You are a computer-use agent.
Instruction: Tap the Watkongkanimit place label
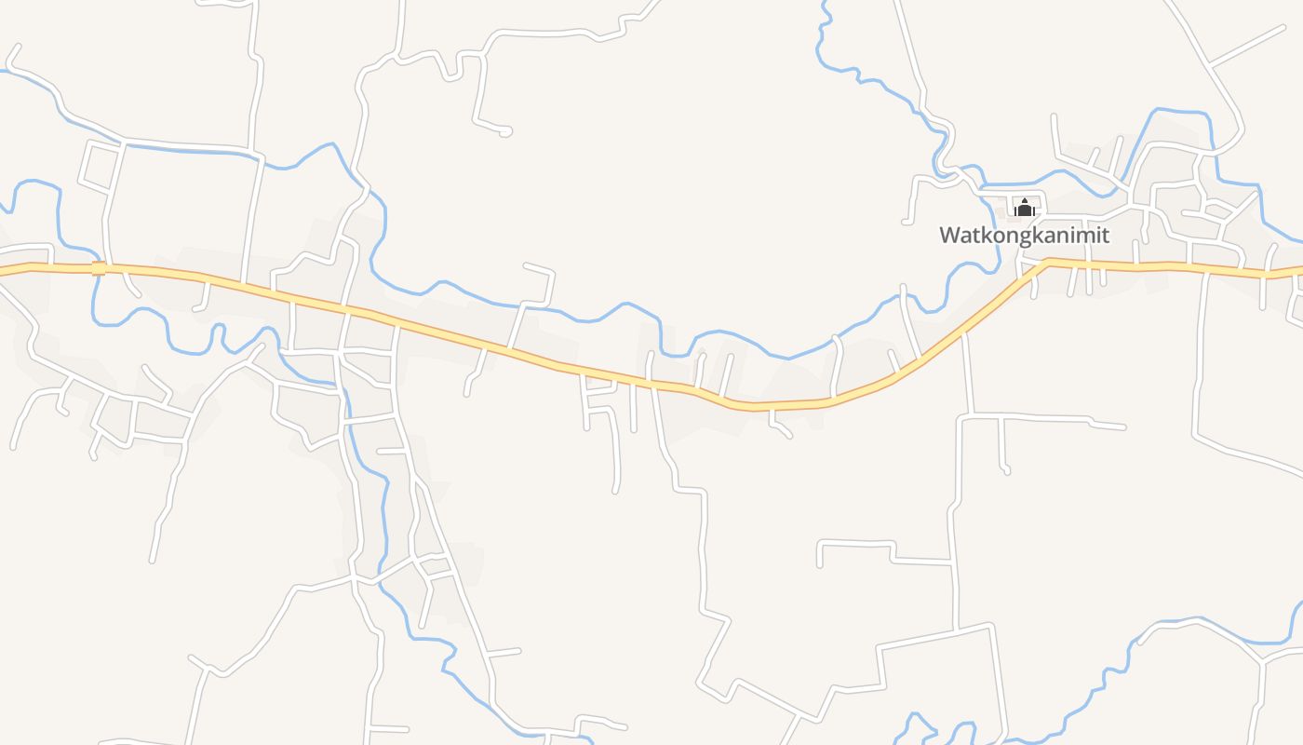click(x=1024, y=235)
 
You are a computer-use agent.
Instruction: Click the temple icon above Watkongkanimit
click(x=1025, y=208)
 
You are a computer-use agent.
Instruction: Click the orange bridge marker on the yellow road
click(x=99, y=268)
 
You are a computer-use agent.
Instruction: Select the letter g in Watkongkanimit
click(x=1014, y=237)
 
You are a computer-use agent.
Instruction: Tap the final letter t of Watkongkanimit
click(x=1105, y=235)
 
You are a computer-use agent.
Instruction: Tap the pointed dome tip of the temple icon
click(x=1025, y=199)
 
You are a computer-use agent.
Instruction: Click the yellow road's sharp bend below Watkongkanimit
click(x=1046, y=262)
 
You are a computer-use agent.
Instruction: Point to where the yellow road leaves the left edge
click(x=2, y=271)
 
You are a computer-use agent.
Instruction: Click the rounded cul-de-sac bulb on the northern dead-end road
click(x=505, y=131)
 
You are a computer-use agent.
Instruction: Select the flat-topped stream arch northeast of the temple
click(x=1182, y=112)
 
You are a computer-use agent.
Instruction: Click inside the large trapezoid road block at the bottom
click(x=940, y=684)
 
